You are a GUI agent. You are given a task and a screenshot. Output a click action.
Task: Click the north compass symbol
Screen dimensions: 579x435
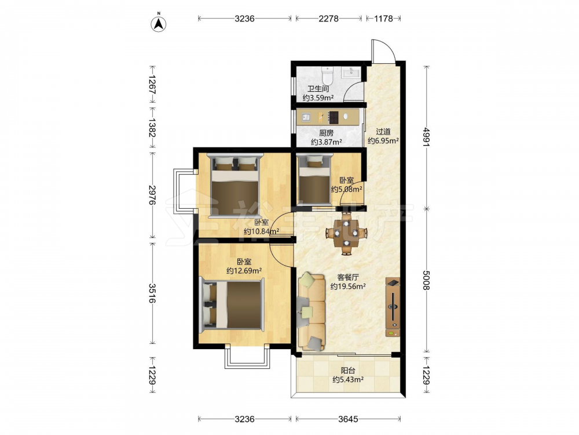pyautogui.click(x=159, y=23)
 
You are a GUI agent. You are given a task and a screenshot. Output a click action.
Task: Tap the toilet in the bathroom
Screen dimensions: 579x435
pyautogui.click(x=327, y=75)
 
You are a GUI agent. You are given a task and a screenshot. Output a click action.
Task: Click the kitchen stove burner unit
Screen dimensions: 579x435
pyautogui.click(x=334, y=118)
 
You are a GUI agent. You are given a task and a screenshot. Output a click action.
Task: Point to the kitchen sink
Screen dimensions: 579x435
pyautogui.click(x=306, y=118)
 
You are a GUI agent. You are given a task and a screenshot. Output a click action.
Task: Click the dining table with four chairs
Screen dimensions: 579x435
pyautogui.click(x=346, y=233)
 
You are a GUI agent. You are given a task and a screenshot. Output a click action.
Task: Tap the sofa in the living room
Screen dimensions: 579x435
pyautogui.click(x=312, y=311)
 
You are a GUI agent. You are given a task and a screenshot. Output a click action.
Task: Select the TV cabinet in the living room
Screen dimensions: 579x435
pyautogui.click(x=393, y=307)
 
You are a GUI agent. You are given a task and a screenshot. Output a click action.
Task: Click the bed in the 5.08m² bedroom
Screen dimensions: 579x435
pyautogui.click(x=314, y=178)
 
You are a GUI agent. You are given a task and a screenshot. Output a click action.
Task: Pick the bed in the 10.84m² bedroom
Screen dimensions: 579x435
pyautogui.click(x=235, y=186)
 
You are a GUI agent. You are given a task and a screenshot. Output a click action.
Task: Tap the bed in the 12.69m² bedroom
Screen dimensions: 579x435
pyautogui.click(x=232, y=305)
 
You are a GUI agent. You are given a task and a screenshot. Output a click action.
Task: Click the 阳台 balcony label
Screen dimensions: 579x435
pyautogui.click(x=348, y=370)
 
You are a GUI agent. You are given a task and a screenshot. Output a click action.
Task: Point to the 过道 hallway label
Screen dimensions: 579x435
pyautogui.click(x=383, y=132)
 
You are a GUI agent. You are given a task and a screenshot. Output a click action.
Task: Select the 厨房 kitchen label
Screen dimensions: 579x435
pyautogui.click(x=327, y=133)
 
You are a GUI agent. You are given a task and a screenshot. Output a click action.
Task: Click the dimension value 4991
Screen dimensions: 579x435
pyautogui.click(x=427, y=137)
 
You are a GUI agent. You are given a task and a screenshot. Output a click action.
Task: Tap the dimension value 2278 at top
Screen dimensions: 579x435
pyautogui.click(x=329, y=18)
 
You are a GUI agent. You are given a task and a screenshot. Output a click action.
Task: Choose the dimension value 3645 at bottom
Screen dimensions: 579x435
pyautogui.click(x=348, y=419)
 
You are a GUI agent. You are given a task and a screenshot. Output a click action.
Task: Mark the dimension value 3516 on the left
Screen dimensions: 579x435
pyautogui.click(x=152, y=293)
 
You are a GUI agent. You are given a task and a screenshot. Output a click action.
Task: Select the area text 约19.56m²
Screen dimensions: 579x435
pyautogui.click(x=348, y=287)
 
